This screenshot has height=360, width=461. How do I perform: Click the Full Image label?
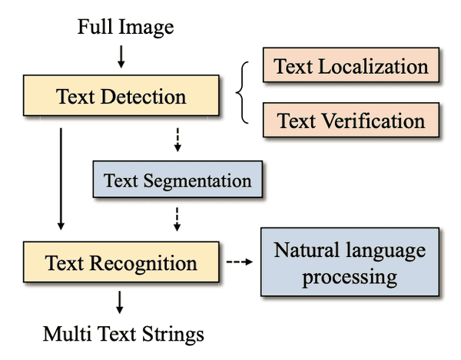[126, 28]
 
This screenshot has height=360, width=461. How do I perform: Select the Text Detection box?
[121, 97]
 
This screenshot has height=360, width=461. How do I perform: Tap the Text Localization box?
[351, 66]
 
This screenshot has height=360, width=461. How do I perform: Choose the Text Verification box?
[351, 121]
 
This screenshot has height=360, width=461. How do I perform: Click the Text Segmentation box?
[177, 181]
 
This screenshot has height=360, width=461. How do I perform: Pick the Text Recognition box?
[121, 263]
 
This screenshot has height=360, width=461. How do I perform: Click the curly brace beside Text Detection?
[244, 93]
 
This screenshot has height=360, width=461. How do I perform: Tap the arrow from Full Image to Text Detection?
[121, 56]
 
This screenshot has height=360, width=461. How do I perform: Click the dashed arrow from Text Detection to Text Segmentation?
[177, 140]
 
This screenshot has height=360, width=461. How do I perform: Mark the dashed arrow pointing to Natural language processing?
[239, 263]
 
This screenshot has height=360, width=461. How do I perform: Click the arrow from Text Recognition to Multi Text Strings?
[121, 301]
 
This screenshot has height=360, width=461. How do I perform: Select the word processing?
[350, 276]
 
